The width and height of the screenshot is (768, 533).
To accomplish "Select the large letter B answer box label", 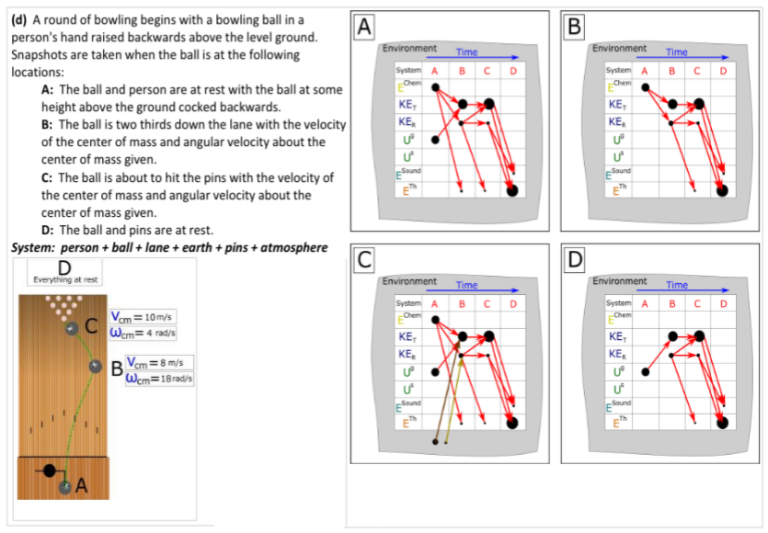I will point(576,28).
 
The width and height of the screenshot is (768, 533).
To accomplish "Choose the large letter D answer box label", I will point(576,260).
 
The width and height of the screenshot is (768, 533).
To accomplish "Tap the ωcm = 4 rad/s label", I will point(143,332).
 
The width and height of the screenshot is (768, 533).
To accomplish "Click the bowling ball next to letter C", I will point(72,328).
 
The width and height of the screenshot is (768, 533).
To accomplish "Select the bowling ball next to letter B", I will point(95,367).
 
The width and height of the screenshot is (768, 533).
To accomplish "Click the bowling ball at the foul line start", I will point(64,487).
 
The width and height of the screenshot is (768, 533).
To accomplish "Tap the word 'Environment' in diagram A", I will point(408,48).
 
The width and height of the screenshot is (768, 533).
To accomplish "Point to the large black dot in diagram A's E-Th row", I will point(512,189).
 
